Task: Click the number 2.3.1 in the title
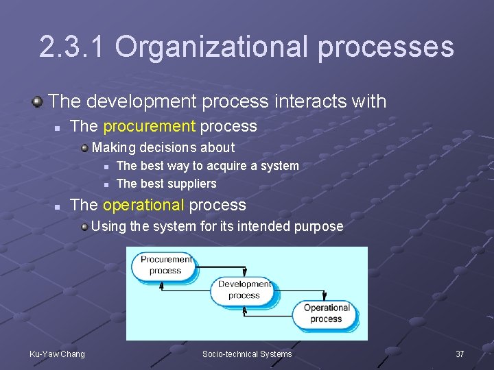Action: tap(71, 47)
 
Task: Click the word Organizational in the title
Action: tap(209, 47)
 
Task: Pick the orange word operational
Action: tap(143, 205)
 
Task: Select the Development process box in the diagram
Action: tap(244, 290)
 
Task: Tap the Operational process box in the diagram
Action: tap(326, 313)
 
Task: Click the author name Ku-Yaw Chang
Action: tap(58, 354)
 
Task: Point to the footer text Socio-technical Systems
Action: tap(247, 354)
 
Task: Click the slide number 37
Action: tap(460, 354)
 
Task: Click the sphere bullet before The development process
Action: tap(38, 102)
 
